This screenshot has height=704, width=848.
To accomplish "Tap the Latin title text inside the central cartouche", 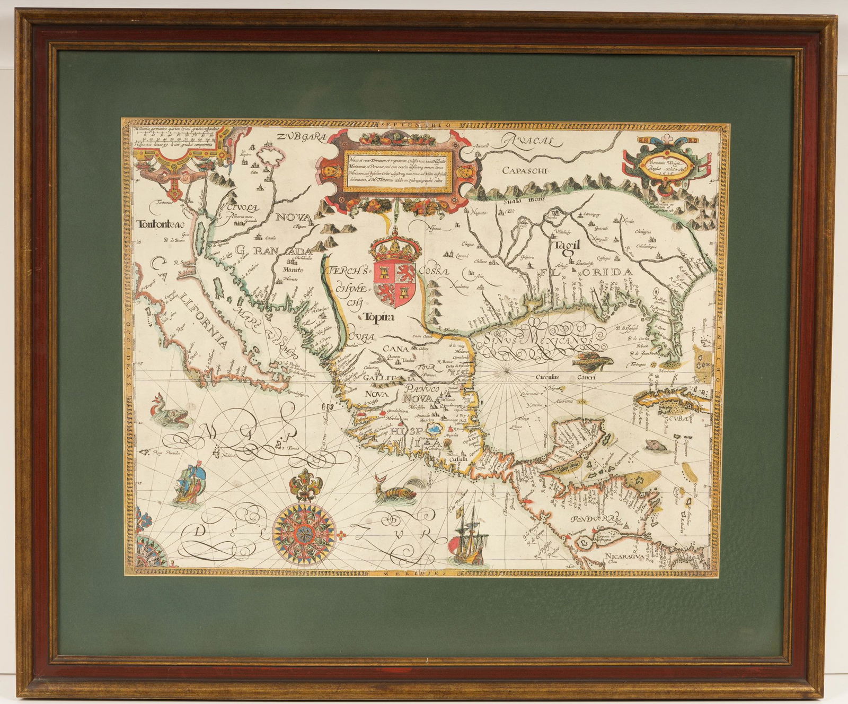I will click(x=399, y=164).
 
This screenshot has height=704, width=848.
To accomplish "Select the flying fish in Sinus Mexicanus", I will click(x=593, y=360).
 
